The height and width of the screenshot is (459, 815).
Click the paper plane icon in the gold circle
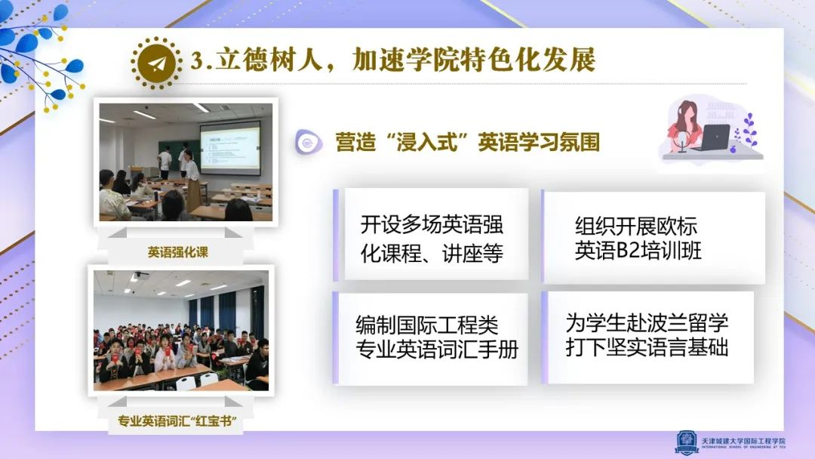tap(157, 63)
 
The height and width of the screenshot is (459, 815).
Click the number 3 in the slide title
tap(197, 60)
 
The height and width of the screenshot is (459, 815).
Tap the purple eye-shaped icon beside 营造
tap(308, 142)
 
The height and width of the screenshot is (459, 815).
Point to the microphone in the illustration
tap(681, 141)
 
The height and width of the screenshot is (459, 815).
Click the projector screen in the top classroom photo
tap(230, 147)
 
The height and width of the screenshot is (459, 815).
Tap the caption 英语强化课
tap(178, 253)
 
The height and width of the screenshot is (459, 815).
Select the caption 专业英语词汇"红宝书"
tap(177, 421)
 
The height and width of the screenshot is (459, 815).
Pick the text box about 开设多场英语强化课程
tap(432, 235)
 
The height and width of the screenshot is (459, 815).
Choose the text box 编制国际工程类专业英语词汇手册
tap(430, 338)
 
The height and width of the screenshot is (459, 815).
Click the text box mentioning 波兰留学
tap(647, 337)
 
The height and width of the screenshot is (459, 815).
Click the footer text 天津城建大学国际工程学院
tap(743, 441)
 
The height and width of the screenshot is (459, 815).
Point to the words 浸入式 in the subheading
tap(426, 142)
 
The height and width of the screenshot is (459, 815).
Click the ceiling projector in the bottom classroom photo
tap(140, 275)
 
